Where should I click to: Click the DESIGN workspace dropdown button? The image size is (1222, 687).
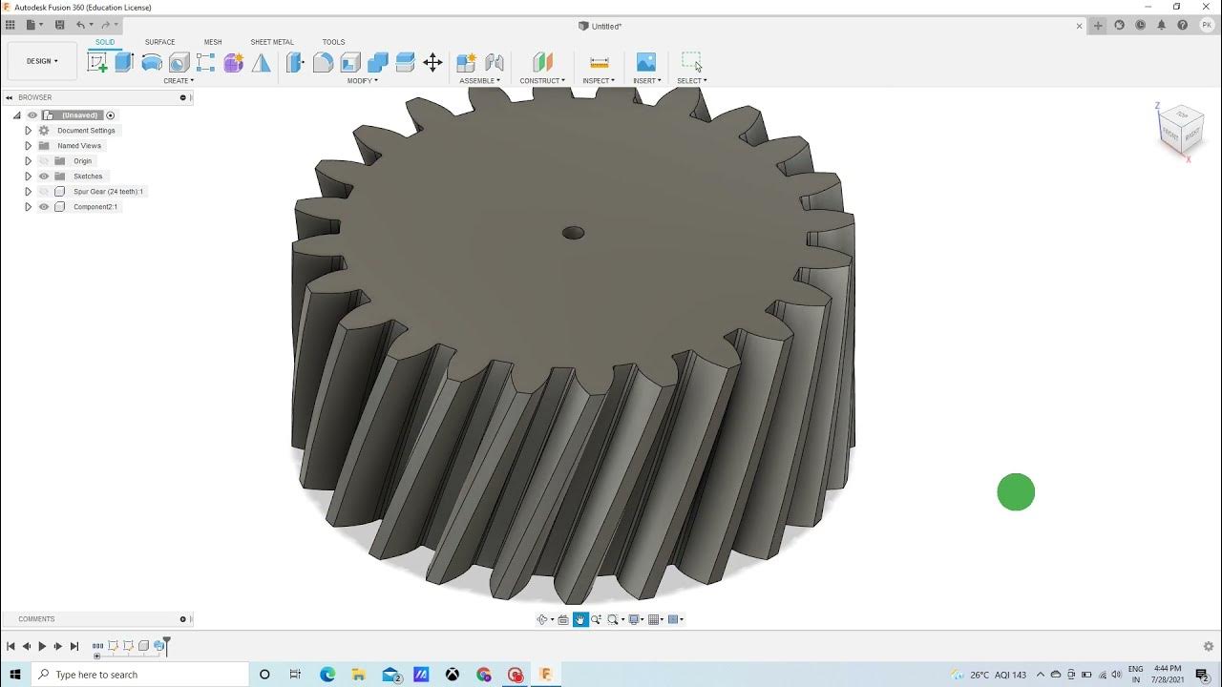click(42, 61)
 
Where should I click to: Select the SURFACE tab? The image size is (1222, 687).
click(159, 42)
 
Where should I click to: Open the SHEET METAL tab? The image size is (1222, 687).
click(272, 42)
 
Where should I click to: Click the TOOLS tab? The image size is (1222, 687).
click(333, 42)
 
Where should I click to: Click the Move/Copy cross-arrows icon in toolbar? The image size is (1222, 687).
click(432, 63)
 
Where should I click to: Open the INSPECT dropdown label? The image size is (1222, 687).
click(599, 81)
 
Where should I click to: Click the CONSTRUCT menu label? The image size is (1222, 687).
click(541, 81)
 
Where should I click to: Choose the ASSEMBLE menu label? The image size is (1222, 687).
click(479, 81)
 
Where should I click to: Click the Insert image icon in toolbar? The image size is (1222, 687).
click(646, 63)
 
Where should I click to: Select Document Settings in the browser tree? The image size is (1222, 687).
click(86, 131)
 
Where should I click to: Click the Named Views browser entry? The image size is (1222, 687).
click(78, 146)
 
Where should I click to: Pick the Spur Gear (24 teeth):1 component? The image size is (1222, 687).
click(108, 192)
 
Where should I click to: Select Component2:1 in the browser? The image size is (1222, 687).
click(95, 207)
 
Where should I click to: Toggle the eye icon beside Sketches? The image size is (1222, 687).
click(44, 177)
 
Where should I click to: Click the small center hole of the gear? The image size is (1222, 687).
click(573, 233)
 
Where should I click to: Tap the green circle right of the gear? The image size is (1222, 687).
click(1016, 492)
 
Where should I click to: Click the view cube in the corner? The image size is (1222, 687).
click(1180, 131)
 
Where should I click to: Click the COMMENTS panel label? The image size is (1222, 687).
click(36, 619)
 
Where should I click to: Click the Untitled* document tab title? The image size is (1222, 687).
click(606, 27)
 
